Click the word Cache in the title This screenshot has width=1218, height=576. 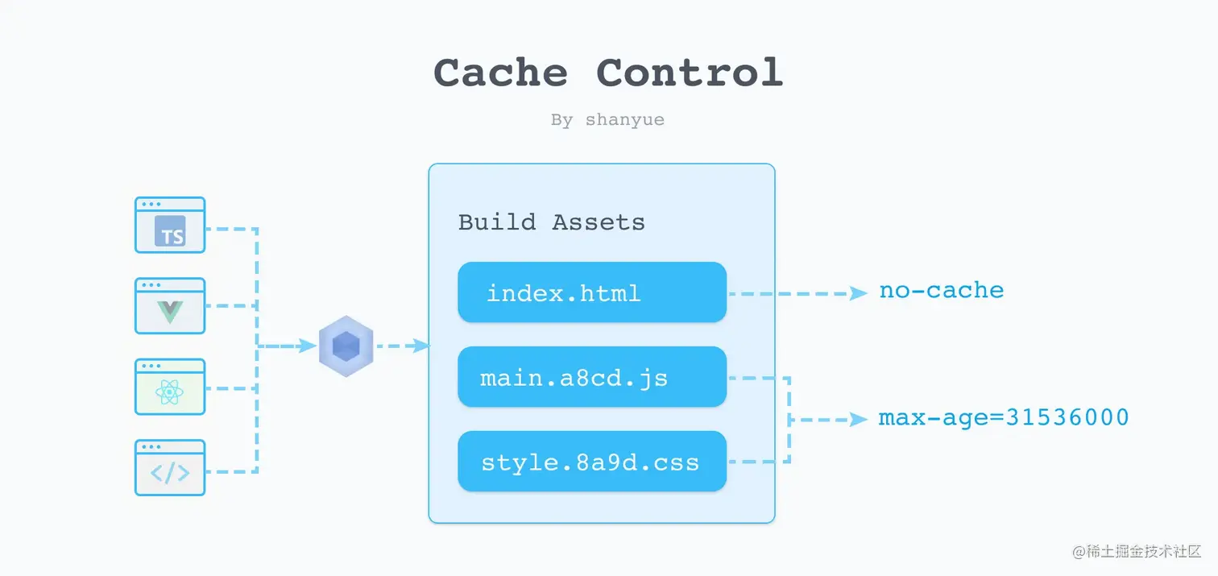tap(500, 73)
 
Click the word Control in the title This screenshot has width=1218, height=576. tap(690, 73)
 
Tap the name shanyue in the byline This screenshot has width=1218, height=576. tap(625, 120)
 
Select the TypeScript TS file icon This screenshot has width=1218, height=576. tap(170, 226)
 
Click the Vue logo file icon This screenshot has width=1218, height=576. tap(170, 306)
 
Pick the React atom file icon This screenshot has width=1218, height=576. tap(170, 387)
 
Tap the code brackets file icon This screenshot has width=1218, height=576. tap(170, 468)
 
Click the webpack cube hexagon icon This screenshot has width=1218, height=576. tap(346, 346)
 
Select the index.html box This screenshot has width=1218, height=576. tap(592, 292)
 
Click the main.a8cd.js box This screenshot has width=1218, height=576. tap(592, 377)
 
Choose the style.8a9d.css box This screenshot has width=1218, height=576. tap(592, 462)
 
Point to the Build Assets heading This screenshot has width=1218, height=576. tap(552, 222)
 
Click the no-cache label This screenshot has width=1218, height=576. tap(941, 291)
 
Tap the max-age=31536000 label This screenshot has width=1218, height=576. tap(1003, 418)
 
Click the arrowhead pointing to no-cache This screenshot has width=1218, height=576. tap(859, 294)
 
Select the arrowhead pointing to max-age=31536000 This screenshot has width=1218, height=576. tap(859, 420)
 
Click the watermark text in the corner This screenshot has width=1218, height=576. tap(1137, 552)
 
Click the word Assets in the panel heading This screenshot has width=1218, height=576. tap(599, 222)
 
